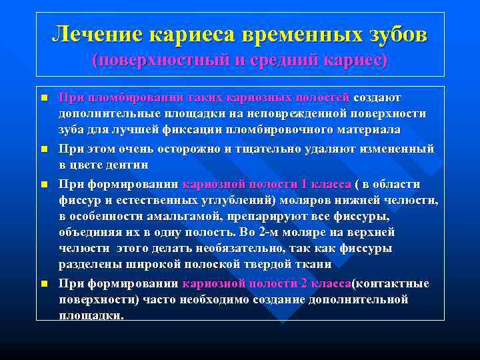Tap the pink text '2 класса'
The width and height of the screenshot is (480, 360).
click(326, 283)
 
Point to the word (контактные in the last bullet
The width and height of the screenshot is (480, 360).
click(391, 283)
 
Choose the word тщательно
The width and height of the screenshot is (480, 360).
click(271, 148)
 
